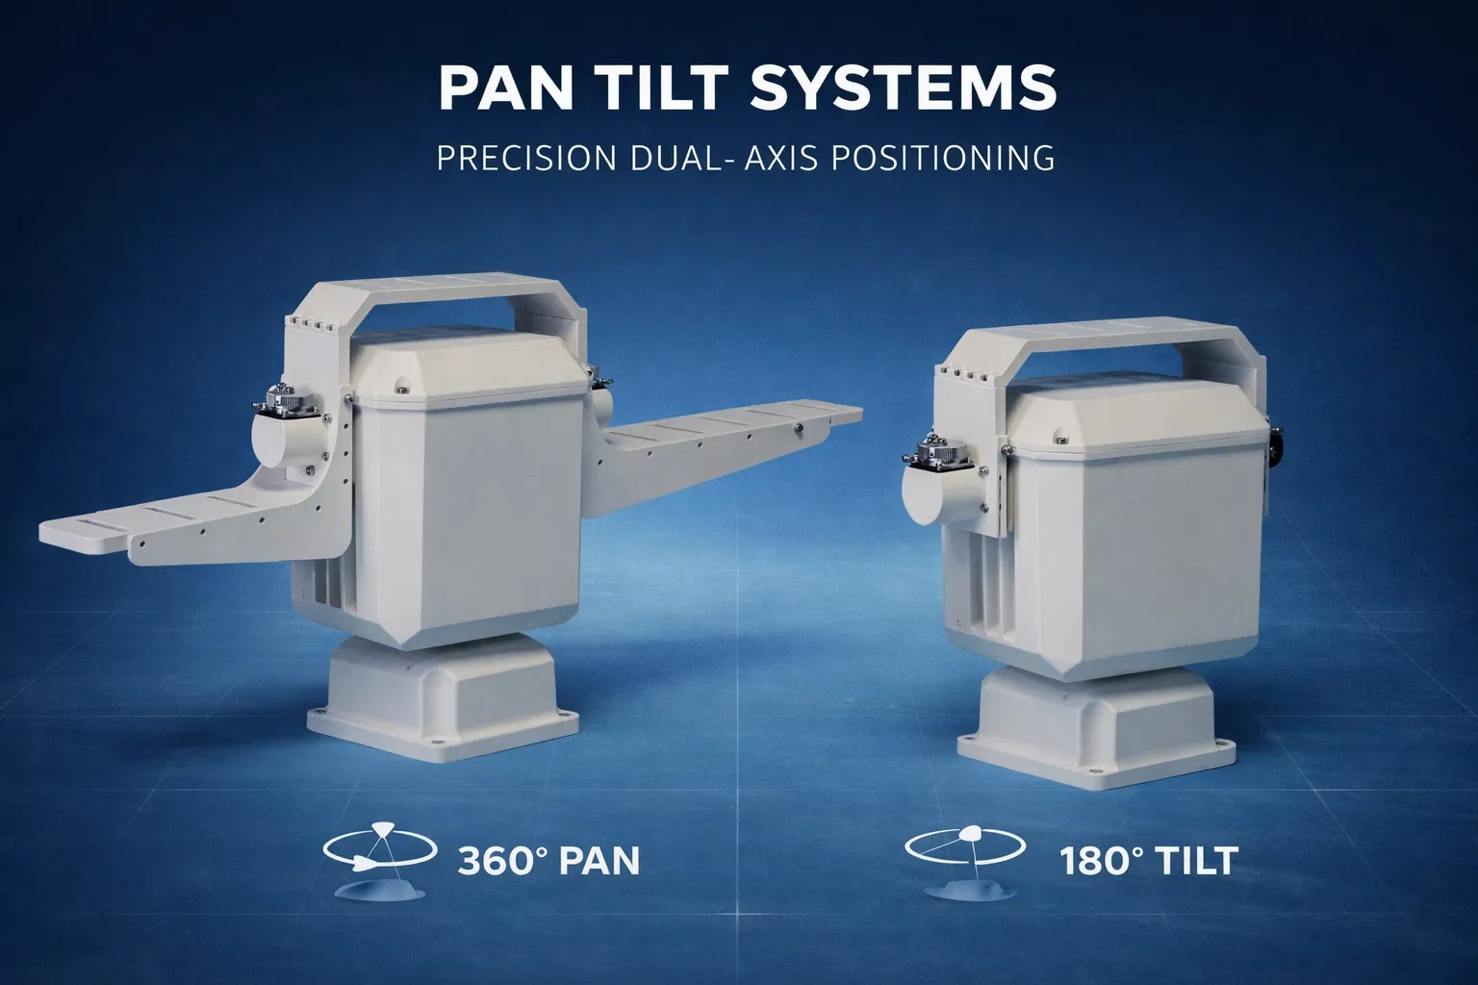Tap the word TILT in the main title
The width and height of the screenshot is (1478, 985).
pyautogui.click(x=666, y=88)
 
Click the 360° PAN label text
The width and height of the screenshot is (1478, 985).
pyautogui.click(x=548, y=859)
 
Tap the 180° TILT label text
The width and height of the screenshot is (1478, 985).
pyautogui.click(x=1147, y=859)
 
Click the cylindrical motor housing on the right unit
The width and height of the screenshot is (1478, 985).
pyautogui.click(x=936, y=492)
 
